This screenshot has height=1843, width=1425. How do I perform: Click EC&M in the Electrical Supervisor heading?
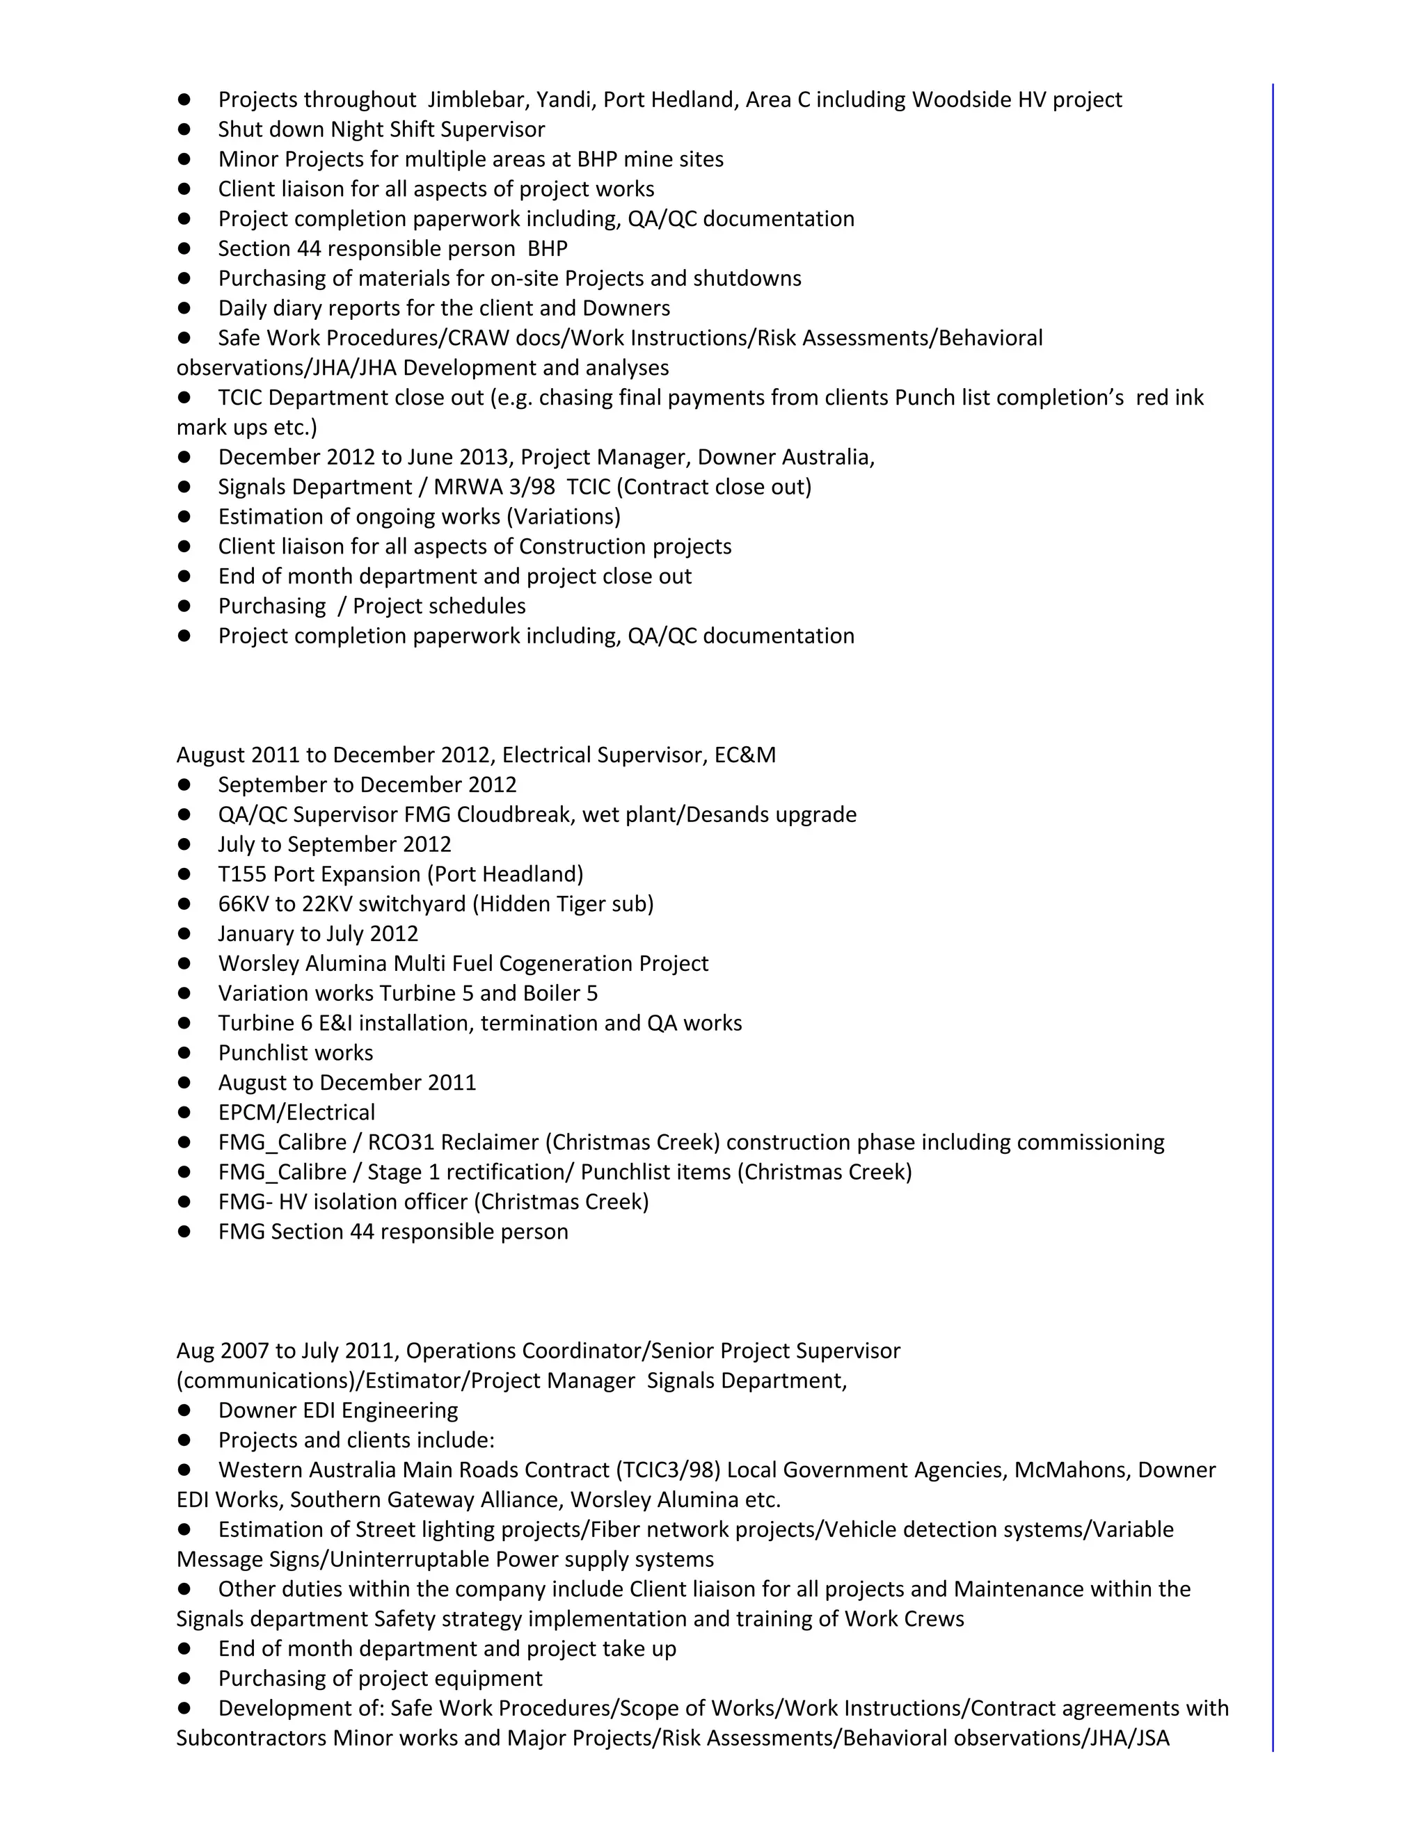click(745, 755)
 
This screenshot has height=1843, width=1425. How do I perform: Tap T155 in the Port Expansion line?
click(242, 874)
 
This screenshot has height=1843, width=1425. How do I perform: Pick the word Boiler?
click(550, 993)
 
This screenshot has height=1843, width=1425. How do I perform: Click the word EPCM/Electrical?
click(296, 1112)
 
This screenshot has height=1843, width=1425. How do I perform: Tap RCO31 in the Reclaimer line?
click(401, 1142)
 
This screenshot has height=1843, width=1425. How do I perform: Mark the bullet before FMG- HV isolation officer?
click(184, 1202)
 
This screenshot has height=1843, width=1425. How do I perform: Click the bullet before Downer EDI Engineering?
click(184, 1410)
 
